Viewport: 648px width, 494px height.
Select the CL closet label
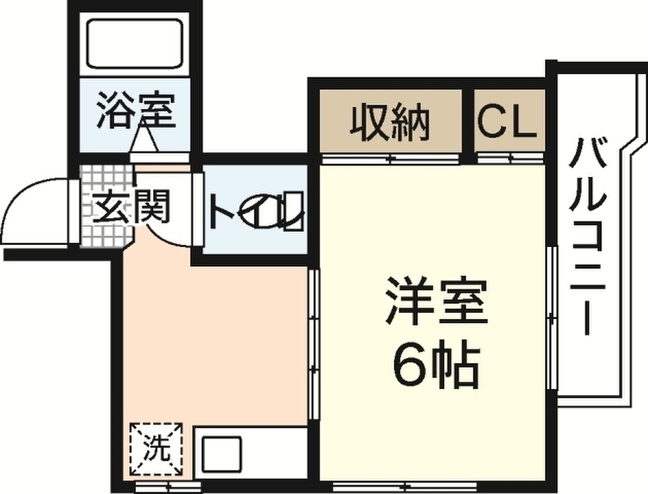508,122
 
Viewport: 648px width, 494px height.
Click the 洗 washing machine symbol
156,448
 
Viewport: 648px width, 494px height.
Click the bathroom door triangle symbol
144,140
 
